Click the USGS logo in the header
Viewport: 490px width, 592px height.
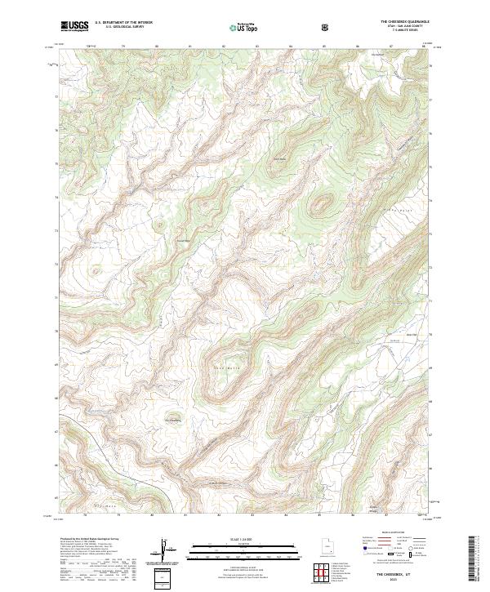coord(74,26)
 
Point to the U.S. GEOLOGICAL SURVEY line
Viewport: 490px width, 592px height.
coord(118,28)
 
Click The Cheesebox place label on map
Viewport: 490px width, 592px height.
coord(172,421)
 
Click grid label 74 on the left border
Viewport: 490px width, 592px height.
coord(56,197)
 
